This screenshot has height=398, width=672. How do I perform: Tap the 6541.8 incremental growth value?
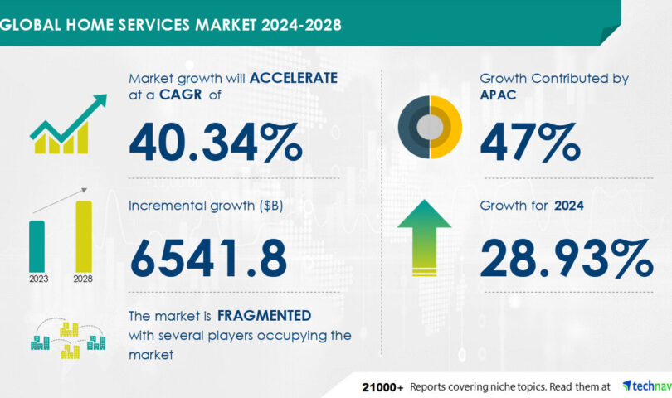(208, 258)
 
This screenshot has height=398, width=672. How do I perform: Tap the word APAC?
(499, 96)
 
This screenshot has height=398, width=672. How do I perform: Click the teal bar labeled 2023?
(37, 245)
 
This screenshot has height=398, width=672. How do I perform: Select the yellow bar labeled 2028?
(84, 235)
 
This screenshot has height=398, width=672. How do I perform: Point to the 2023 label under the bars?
(37, 279)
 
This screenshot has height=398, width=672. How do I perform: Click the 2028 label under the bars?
(84, 279)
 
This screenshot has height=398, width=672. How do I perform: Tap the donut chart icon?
(429, 126)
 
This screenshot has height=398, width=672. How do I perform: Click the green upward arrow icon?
(424, 236)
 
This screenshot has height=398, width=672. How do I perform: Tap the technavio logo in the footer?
(648, 386)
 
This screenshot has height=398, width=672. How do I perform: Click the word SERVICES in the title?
(152, 23)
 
